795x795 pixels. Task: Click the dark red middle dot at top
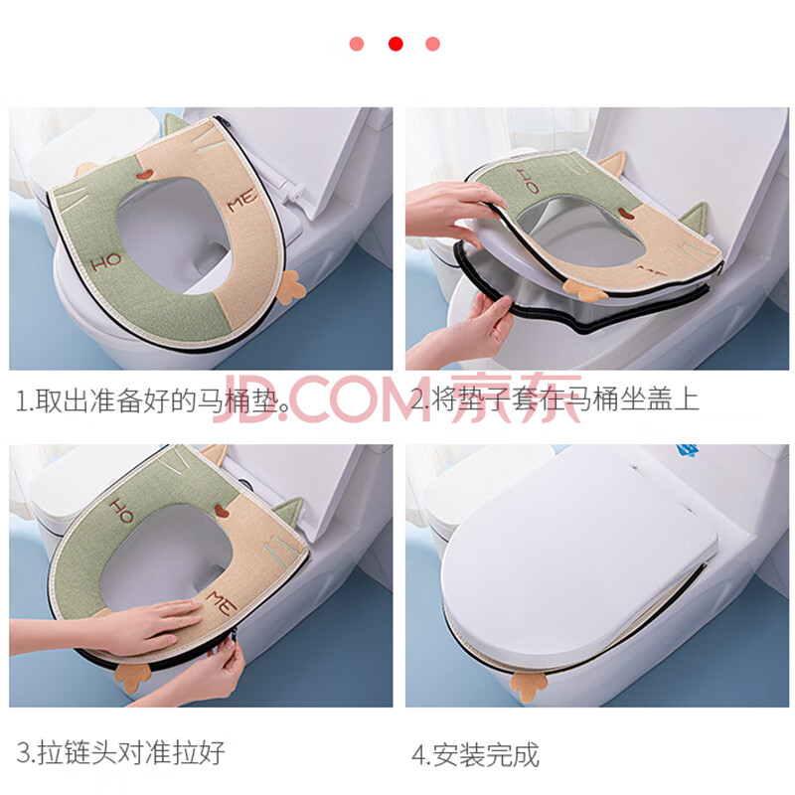coord(396,44)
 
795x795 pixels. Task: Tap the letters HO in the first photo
coord(106,262)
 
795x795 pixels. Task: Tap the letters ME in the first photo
coord(242,201)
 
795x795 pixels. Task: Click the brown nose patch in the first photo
coord(144,175)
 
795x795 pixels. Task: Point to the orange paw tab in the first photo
coord(291,288)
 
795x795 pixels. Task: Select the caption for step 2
coord(556,399)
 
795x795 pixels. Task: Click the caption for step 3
coord(120,752)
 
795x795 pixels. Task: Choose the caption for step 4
coord(475,755)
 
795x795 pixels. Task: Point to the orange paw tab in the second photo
coord(583,290)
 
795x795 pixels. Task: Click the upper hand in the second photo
coord(454,211)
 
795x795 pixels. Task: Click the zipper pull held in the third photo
coord(234,638)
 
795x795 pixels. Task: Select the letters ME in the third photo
coord(222,602)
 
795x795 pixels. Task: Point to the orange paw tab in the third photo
coord(133,678)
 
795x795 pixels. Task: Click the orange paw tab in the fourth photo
coord(529,687)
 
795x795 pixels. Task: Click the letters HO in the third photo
coord(121,511)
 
